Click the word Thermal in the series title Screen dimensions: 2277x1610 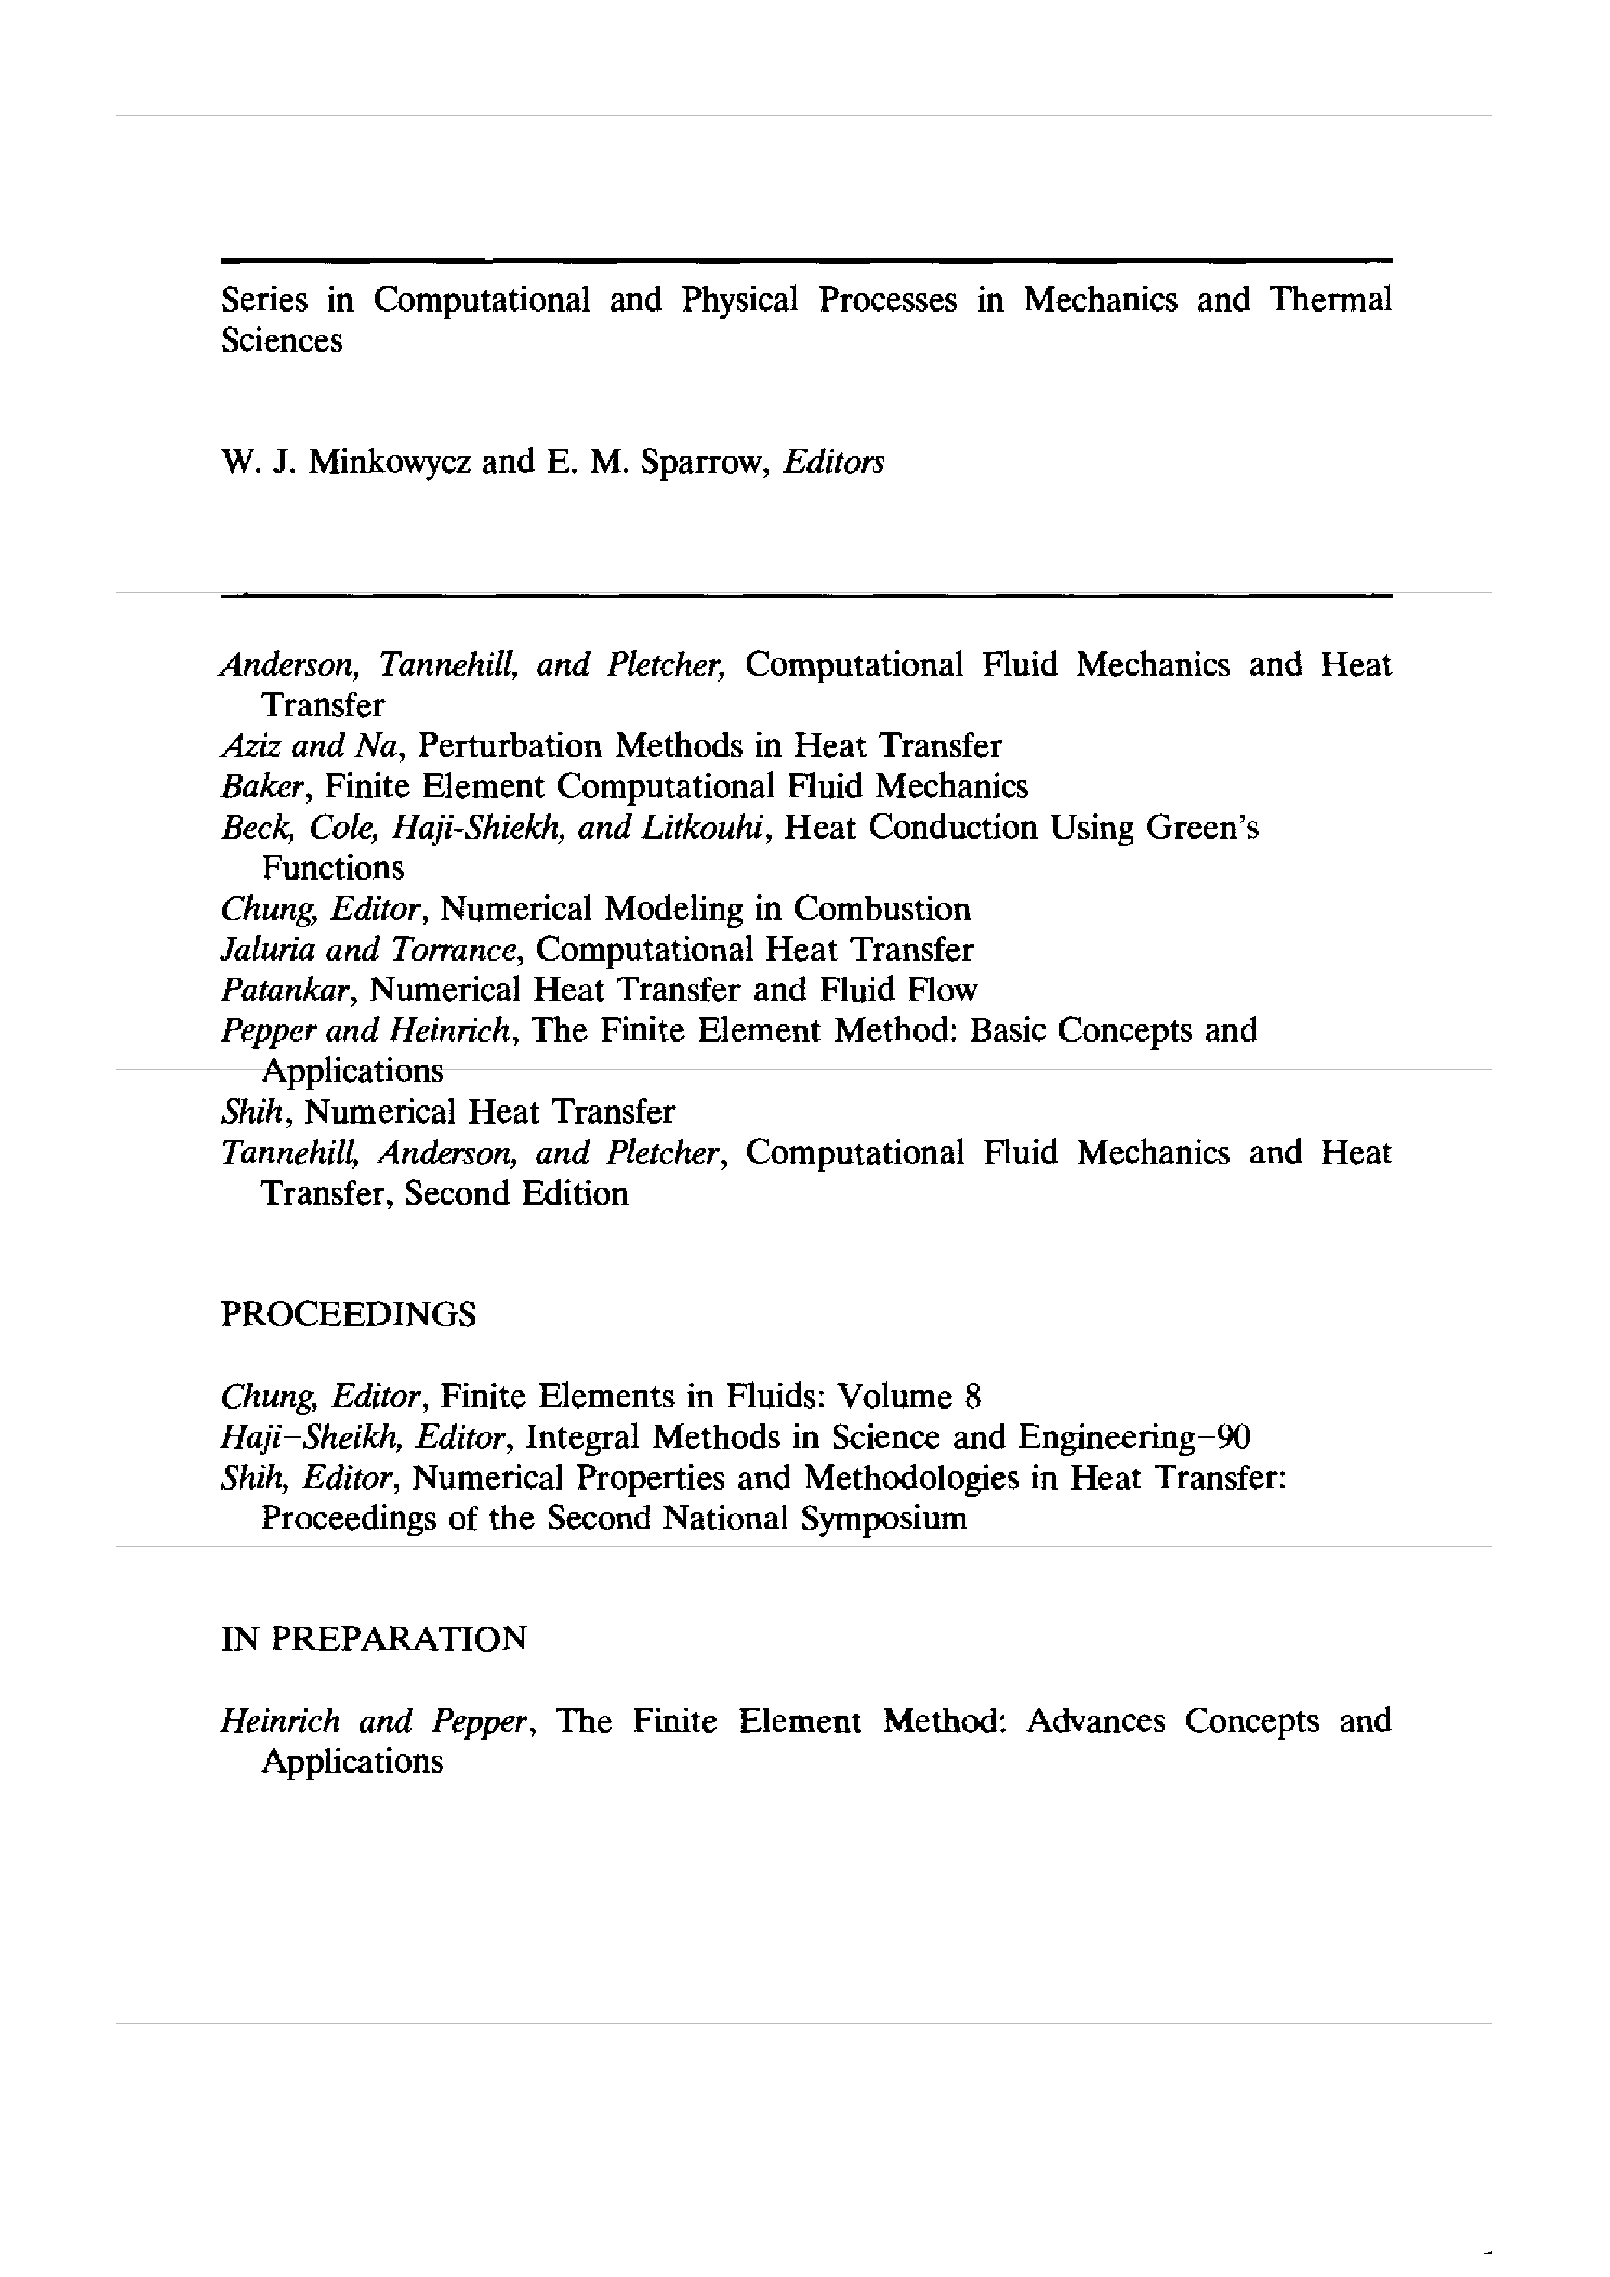1330,299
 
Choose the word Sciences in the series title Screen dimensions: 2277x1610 282,340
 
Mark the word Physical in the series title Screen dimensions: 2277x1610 739,299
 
